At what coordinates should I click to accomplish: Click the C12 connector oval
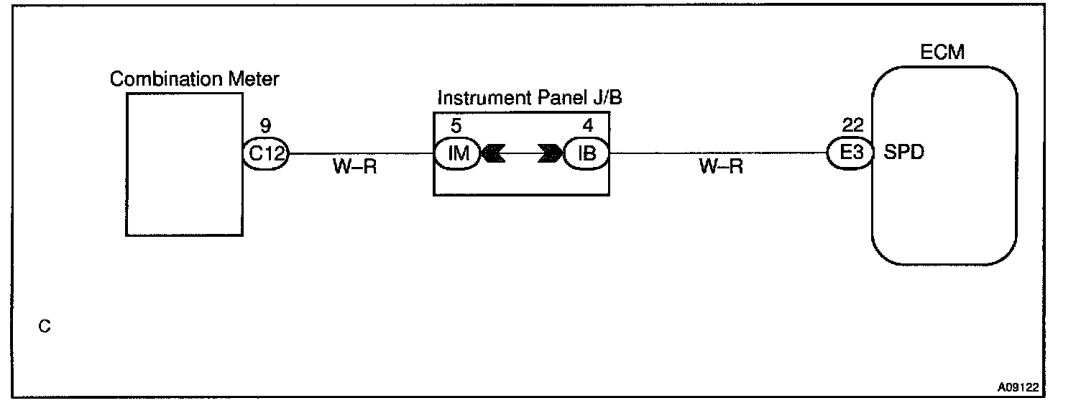tap(265, 153)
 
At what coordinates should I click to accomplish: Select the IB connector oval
tap(586, 154)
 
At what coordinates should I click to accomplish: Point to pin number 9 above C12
tap(265, 127)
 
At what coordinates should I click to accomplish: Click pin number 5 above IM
tap(456, 126)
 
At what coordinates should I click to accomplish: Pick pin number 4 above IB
tap(588, 126)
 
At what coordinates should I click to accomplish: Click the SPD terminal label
tap(903, 153)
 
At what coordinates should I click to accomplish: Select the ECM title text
tap(942, 53)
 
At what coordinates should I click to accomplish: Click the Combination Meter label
tap(194, 79)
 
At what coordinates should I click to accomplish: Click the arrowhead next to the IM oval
tap(494, 154)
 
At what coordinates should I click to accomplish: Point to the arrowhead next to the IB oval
tap(549, 154)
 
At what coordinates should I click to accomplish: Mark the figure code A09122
tap(1018, 387)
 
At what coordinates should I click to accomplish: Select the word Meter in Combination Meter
tap(255, 79)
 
